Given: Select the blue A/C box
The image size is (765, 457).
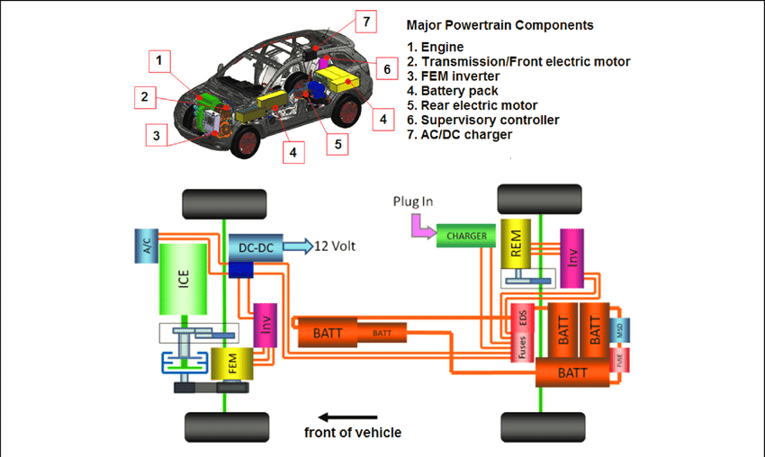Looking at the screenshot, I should pyautogui.click(x=146, y=244).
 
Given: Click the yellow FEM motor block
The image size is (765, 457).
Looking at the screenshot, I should pyautogui.click(x=229, y=364).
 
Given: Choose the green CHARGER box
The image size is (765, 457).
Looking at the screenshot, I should pyautogui.click(x=466, y=237).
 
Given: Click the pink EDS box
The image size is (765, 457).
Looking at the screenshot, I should pyautogui.click(x=519, y=318).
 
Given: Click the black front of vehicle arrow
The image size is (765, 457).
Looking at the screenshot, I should pyautogui.click(x=351, y=417).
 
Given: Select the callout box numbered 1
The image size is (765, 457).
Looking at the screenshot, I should pyautogui.click(x=158, y=61).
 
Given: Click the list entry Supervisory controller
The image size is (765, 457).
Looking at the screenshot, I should pyautogui.click(x=482, y=120).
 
